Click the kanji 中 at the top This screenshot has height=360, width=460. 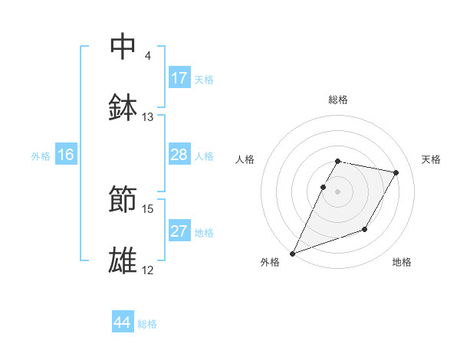point(123,47)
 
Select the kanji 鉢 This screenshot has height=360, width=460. point(123,107)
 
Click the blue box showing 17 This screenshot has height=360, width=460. point(179,78)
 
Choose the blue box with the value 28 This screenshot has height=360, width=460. point(179,155)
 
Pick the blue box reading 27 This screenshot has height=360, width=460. point(179,232)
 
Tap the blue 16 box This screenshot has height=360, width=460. point(65,155)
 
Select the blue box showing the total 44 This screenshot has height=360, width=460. point(123,323)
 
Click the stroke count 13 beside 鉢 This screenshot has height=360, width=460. point(148,117)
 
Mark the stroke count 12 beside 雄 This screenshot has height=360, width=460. point(148,270)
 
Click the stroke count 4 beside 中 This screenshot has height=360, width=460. point(148,56)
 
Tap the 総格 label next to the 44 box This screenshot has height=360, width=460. point(147,324)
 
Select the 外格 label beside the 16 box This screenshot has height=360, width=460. point(41,156)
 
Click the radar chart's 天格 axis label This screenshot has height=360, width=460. point(432,159)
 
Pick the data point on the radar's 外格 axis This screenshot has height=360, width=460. point(292,254)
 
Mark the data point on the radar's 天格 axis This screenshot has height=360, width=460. point(396,173)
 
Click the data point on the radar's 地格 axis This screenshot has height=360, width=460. point(366,229)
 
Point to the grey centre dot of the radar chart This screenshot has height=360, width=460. point(338,191)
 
